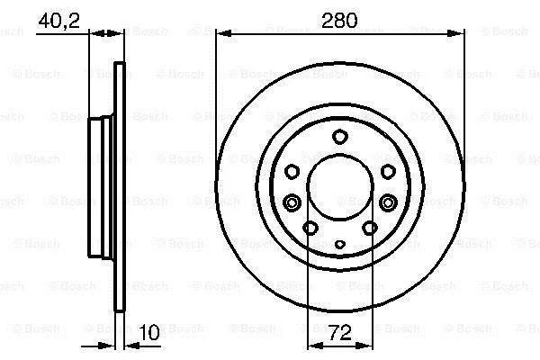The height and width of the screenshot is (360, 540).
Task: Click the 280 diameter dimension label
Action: tap(339, 21)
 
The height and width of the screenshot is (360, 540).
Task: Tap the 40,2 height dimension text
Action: tap(58, 22)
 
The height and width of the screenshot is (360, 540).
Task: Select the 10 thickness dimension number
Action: tap(149, 332)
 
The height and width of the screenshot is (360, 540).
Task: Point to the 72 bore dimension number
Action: tap(340, 332)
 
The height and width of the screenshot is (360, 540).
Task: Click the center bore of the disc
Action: tap(340, 187)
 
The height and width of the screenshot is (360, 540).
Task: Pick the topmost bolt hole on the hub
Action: tap(340, 137)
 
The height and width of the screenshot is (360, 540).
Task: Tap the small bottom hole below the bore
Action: tap(340, 245)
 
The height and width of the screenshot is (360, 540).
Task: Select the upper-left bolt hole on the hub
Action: tap(292, 171)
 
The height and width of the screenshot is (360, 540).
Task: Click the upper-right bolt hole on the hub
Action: tap(388, 171)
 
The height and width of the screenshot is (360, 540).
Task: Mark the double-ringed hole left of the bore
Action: tap(292, 202)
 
